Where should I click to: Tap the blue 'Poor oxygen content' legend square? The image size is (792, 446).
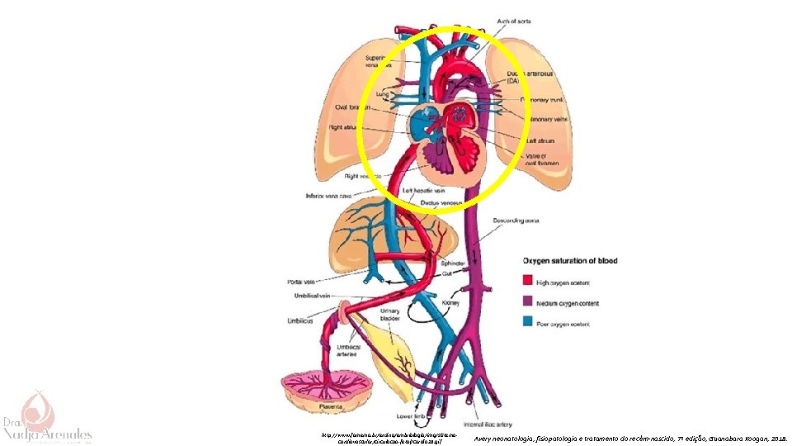[x=527, y=321]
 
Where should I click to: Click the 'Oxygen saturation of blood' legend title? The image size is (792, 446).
[x=568, y=261]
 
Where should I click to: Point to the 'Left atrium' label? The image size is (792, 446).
[x=541, y=141]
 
